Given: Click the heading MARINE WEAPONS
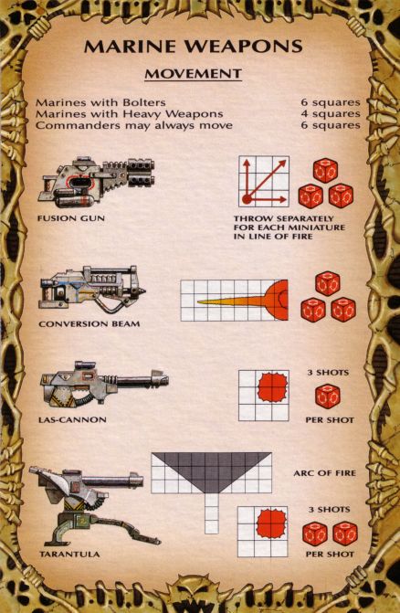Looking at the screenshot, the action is [x=194, y=46].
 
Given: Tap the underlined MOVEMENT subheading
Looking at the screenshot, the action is [x=194, y=73].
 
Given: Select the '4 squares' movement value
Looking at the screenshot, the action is [x=331, y=114].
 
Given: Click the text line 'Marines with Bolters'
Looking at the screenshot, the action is [x=100, y=102].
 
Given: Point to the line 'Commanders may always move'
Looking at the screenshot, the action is [x=134, y=125].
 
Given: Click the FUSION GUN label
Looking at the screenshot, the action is [x=71, y=218].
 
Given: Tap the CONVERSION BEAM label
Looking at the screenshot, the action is [x=89, y=323].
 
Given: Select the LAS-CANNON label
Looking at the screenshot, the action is [x=72, y=420].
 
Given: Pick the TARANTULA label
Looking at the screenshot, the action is [x=69, y=554].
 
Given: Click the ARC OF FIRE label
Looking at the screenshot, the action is [x=325, y=473].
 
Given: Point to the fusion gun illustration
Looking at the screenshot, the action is [x=96, y=182].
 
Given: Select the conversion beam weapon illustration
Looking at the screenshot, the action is [x=92, y=290].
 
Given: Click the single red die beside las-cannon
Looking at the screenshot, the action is [x=328, y=396].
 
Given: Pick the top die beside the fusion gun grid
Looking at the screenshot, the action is [x=325, y=171].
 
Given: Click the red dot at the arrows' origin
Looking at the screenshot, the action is [x=247, y=199].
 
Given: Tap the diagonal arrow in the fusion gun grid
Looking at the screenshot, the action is [x=265, y=180].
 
